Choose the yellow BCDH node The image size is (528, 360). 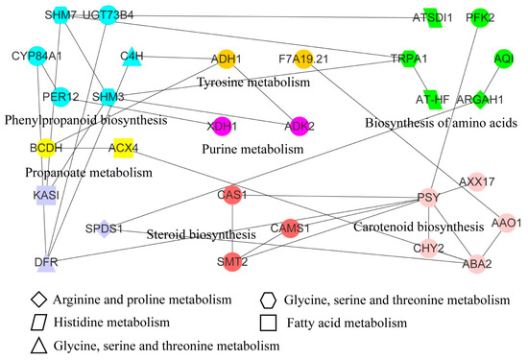[x=40, y=148]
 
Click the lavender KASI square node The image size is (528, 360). [x=40, y=195]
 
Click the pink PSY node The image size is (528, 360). [x=428, y=199]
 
